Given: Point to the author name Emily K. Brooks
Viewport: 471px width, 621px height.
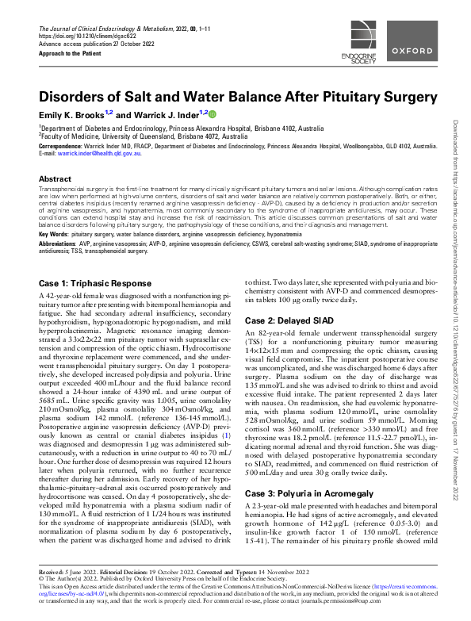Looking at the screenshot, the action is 75,114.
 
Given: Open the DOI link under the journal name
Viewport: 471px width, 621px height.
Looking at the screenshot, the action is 82,36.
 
